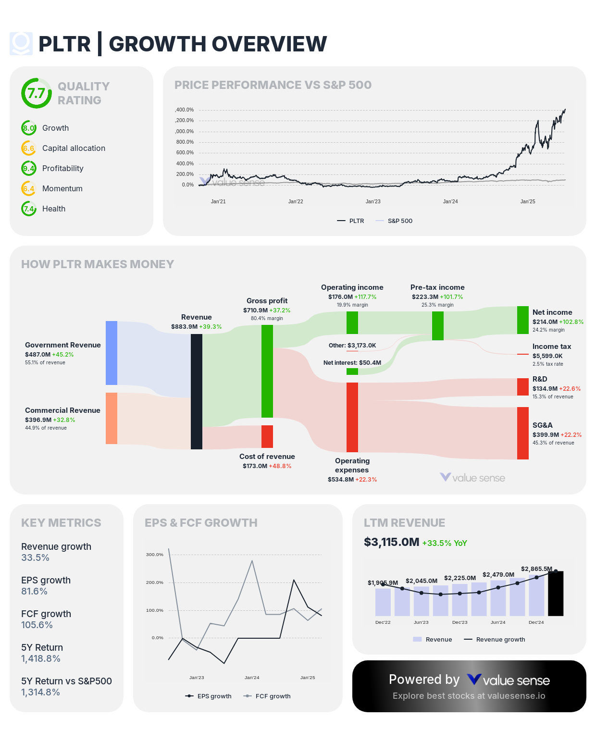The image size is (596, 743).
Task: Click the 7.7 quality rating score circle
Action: click(37, 93)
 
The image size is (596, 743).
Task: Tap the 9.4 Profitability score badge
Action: click(29, 168)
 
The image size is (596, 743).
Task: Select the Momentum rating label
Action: click(62, 188)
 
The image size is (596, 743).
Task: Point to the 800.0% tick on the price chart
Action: click(185, 142)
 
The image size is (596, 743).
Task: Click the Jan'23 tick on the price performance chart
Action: click(373, 201)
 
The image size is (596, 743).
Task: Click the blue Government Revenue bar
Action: click(112, 353)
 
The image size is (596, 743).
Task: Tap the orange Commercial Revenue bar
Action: click(112, 418)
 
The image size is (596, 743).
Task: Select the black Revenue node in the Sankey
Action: click(197, 391)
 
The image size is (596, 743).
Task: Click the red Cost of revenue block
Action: click(267, 436)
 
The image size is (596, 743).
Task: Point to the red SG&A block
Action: click(523, 433)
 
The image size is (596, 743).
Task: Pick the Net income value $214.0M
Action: click(545, 322)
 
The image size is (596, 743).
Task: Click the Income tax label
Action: click(552, 347)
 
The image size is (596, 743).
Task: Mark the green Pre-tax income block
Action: click(438, 325)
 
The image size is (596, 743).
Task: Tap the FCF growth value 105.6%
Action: click(37, 625)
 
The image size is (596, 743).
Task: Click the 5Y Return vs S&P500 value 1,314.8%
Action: click(41, 692)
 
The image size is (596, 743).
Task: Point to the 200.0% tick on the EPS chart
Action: click(155, 582)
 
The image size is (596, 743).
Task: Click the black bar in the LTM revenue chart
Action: click(556, 594)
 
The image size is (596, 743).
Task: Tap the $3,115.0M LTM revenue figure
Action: click(392, 542)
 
